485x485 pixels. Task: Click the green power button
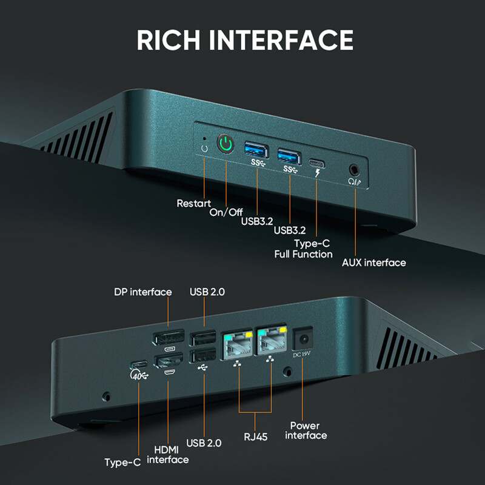click(x=226, y=144)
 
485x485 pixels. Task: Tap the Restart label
click(x=193, y=203)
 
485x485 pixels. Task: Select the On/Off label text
click(x=226, y=212)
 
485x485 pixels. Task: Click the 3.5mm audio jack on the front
click(x=354, y=170)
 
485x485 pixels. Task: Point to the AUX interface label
click(x=373, y=263)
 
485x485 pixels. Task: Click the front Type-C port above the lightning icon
click(x=316, y=163)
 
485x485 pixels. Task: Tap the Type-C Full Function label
click(x=304, y=249)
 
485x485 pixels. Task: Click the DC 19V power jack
click(x=303, y=339)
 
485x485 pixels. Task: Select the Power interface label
click(x=306, y=430)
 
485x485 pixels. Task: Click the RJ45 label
click(x=255, y=436)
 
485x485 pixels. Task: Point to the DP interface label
click(x=143, y=292)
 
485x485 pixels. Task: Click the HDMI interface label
click(x=168, y=454)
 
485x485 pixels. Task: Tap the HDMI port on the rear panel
click(x=169, y=361)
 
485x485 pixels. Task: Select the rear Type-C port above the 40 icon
click(x=139, y=364)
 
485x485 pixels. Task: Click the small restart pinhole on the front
click(x=204, y=139)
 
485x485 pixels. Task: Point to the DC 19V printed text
click(x=302, y=355)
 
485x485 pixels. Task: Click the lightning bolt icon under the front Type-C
click(x=317, y=173)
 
